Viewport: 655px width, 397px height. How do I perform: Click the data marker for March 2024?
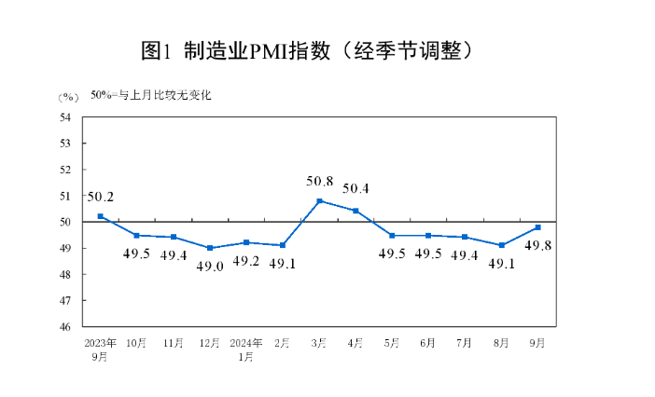click(319, 200)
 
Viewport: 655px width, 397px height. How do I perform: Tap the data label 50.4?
click(355, 189)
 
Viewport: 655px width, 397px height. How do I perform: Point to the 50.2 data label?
click(100, 197)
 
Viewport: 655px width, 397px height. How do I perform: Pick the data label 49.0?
click(209, 266)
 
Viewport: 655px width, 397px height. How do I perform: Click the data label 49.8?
click(537, 246)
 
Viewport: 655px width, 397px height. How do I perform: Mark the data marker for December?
click(210, 248)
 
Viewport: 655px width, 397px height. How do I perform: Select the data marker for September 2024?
click(538, 227)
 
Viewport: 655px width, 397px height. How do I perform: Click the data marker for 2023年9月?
click(100, 216)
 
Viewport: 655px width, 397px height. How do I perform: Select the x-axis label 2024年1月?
click(246, 349)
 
